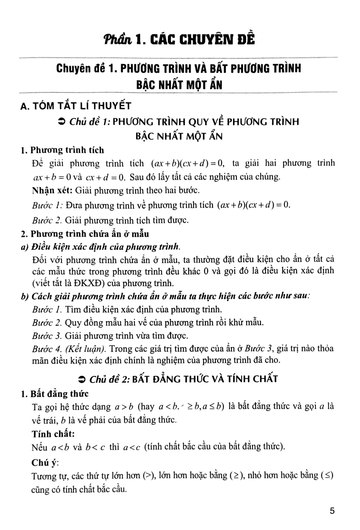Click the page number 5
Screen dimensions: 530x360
332,511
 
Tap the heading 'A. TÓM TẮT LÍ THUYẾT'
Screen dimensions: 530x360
76,105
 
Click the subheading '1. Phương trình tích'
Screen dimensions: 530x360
62,150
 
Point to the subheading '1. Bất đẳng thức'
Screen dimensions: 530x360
55,394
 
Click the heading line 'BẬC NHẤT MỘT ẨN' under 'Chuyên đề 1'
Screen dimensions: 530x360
180,85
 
